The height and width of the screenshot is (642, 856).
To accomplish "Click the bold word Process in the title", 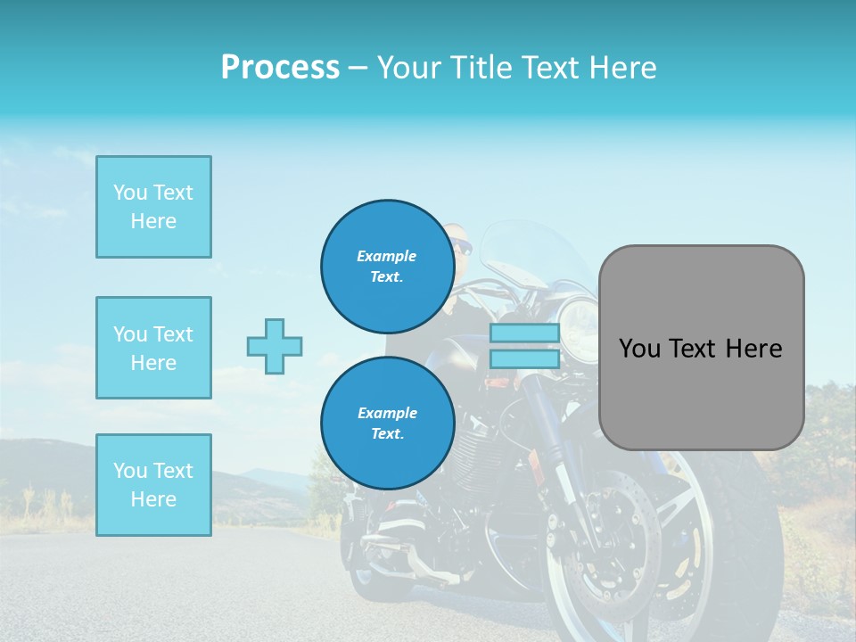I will coord(280,68).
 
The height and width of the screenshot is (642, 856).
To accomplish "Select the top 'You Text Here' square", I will coord(153,207).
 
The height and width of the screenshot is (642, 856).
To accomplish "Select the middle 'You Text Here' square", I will coord(153,348).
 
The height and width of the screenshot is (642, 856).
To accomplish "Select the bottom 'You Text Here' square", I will coord(153,485).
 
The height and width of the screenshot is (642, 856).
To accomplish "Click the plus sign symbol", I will coord(275,346).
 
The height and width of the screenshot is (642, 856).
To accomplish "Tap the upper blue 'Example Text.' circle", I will coord(387,266).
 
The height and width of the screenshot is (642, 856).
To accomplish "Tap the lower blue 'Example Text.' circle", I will coord(387,423).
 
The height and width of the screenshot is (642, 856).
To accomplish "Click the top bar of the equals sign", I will coord(524,333).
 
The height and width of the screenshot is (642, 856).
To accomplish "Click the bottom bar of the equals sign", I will coord(524,358).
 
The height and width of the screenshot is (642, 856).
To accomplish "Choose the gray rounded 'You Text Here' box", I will coord(701,348).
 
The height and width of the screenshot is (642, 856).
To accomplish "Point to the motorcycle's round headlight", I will coord(580,318).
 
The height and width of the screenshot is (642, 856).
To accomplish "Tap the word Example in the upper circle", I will coord(387,256).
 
